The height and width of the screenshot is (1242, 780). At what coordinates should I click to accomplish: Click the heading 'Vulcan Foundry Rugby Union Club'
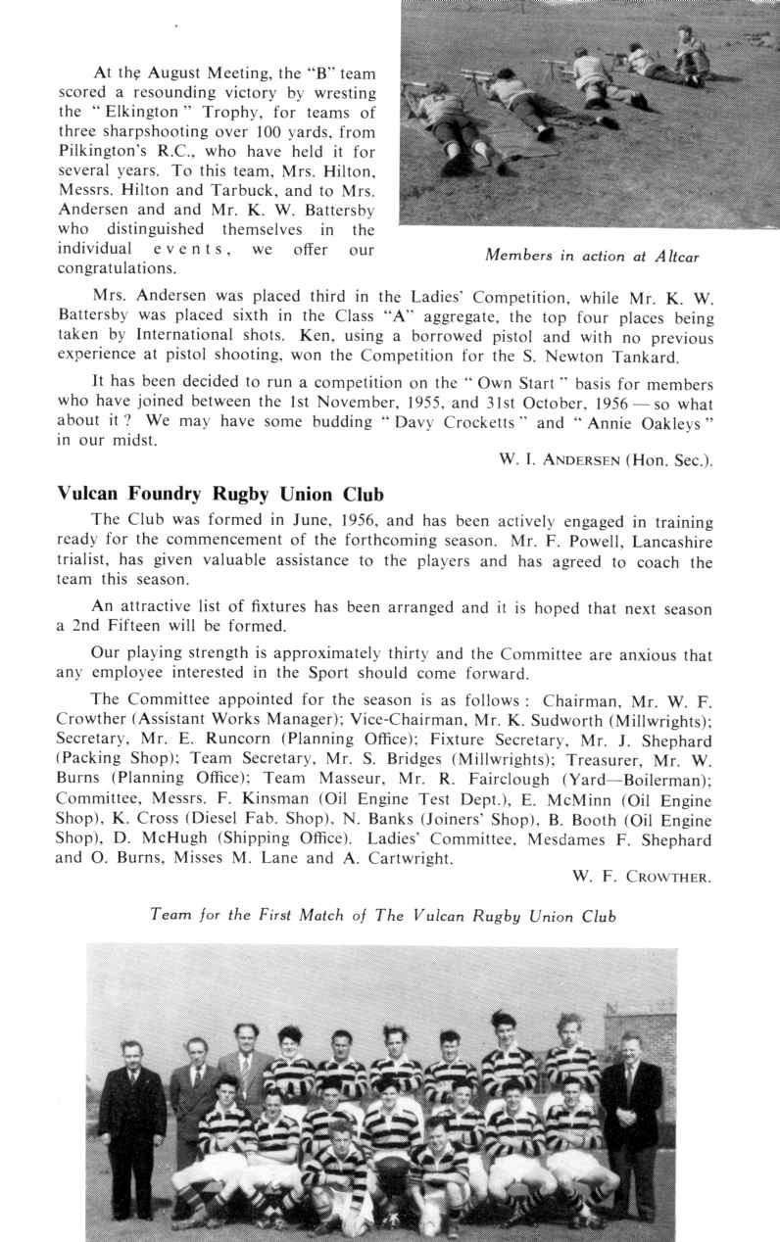point(221,494)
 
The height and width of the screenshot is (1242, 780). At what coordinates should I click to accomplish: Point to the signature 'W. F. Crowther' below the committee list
point(642,877)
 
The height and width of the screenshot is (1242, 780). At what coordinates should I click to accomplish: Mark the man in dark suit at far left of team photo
point(131,1126)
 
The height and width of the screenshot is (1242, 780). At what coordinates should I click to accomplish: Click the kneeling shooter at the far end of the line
point(691,54)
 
